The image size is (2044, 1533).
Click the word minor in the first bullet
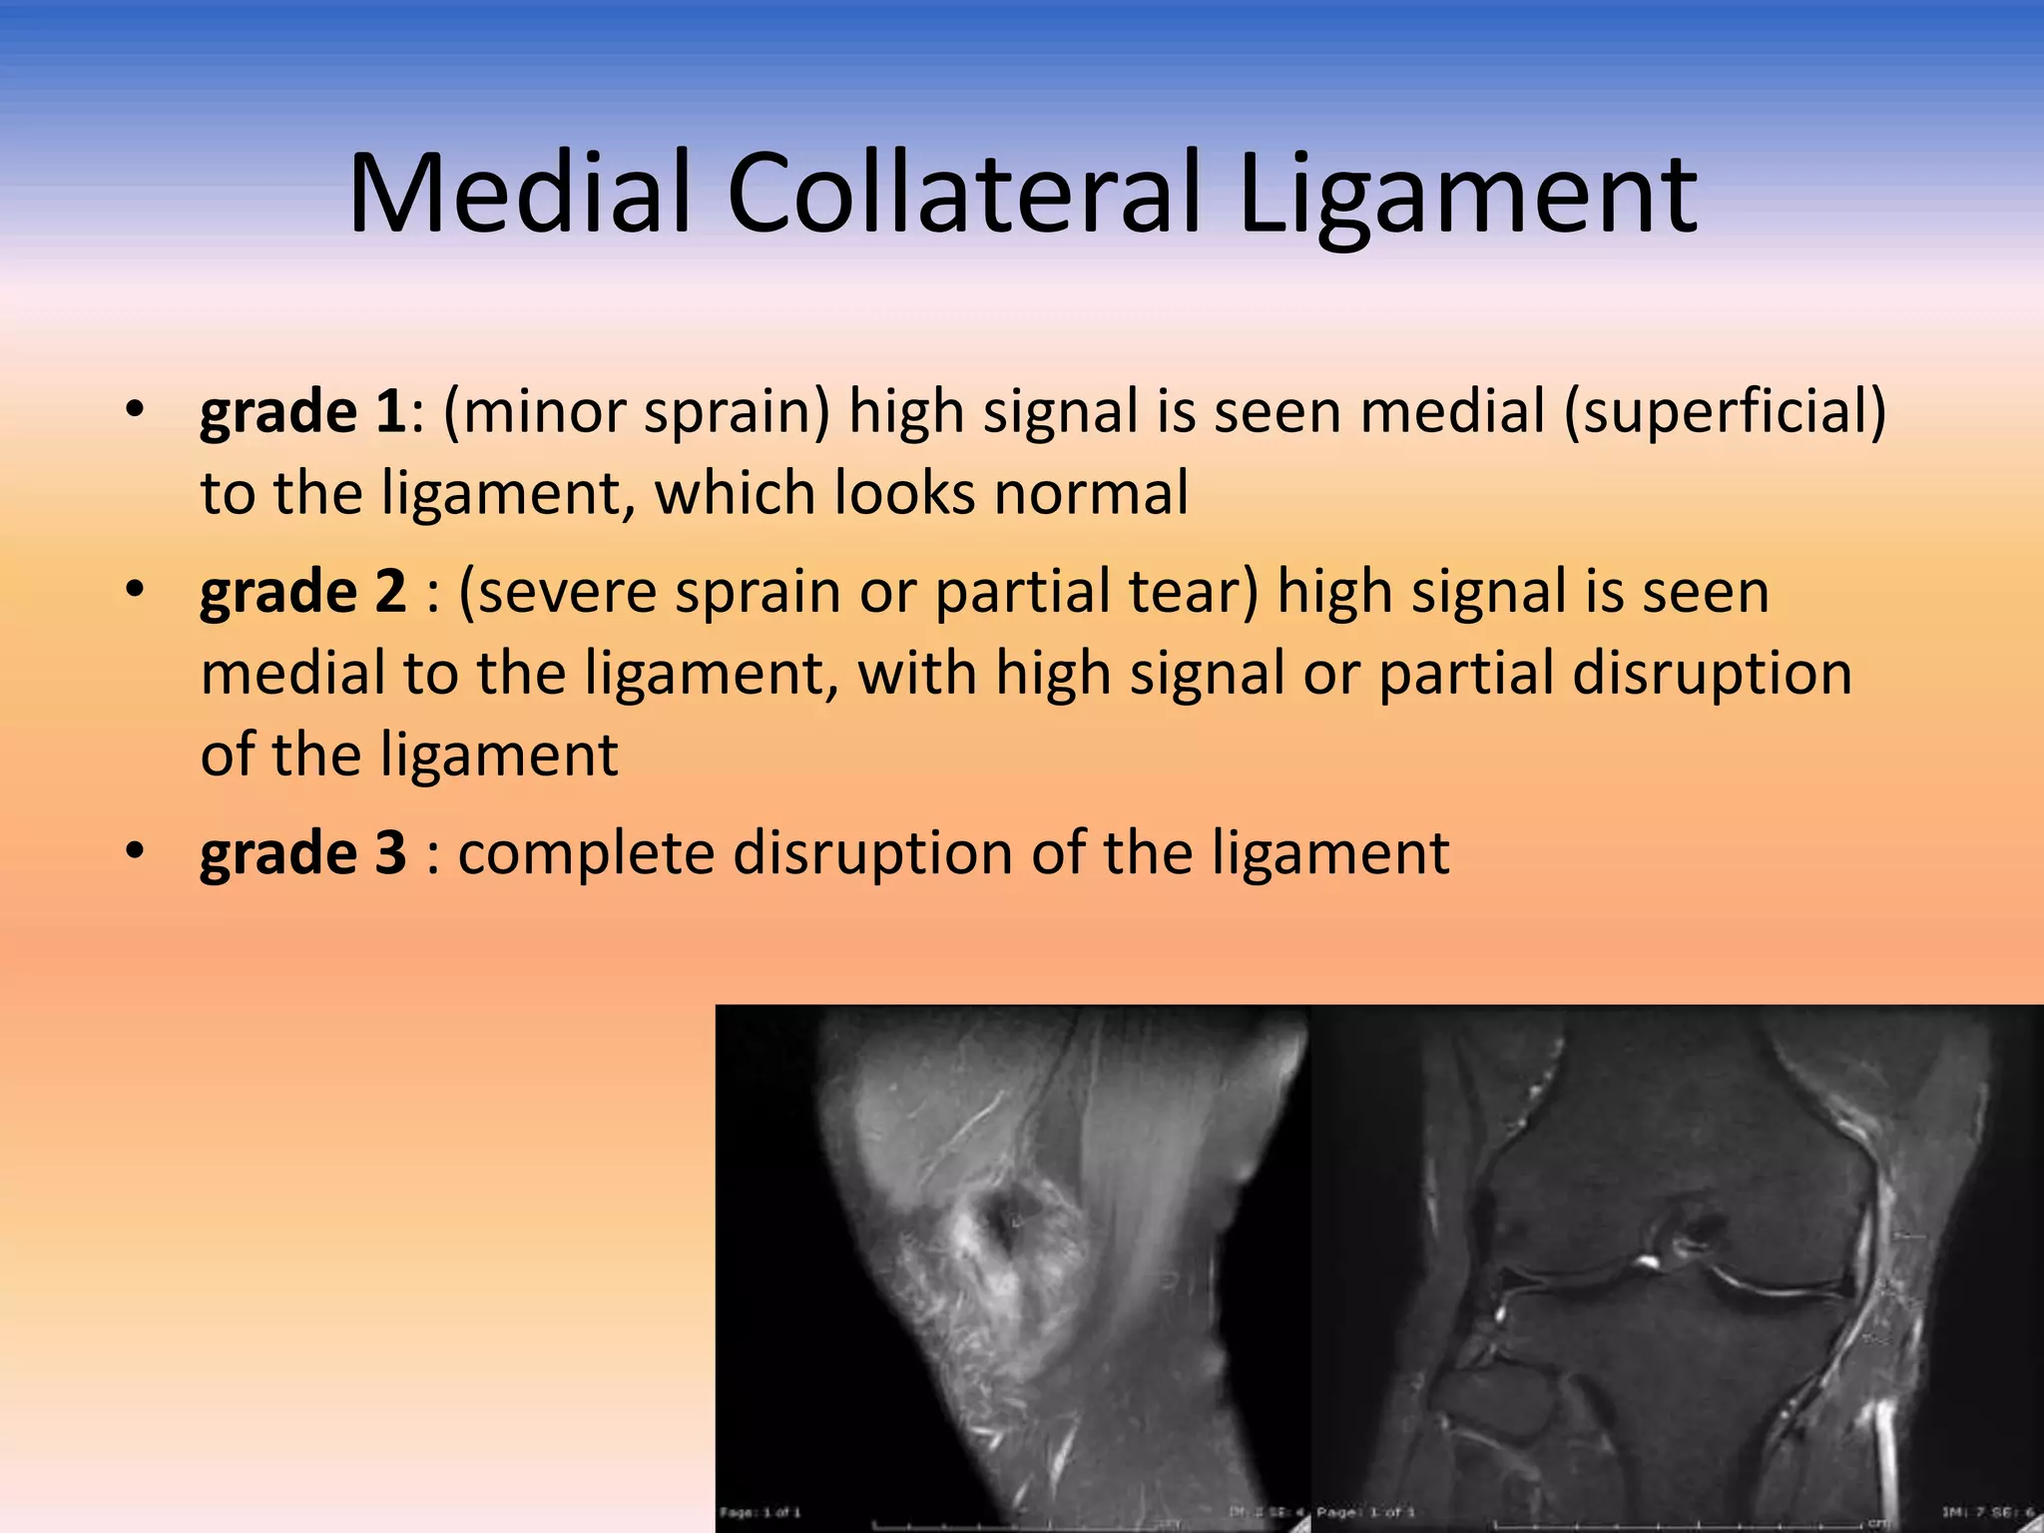[x=538, y=412]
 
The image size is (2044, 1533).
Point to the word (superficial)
[x=1725, y=412]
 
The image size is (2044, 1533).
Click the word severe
[x=558, y=592]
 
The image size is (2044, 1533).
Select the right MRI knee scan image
[x=1677, y=1268]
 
